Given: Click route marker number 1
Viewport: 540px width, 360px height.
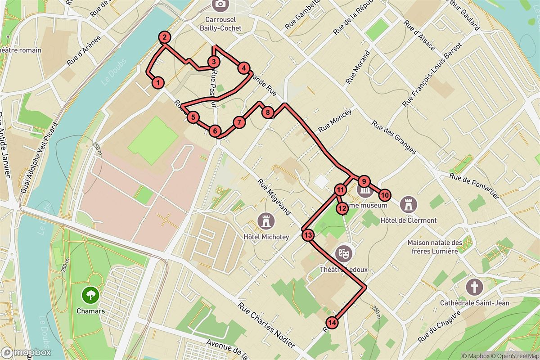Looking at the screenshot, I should click(x=158, y=82).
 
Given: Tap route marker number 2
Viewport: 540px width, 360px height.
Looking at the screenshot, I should click(x=165, y=38).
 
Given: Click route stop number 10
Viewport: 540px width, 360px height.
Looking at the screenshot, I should click(x=384, y=195).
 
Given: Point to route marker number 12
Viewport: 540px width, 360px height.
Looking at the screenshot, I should click(x=342, y=208).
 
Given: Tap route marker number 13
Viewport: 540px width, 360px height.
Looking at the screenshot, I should click(x=308, y=234).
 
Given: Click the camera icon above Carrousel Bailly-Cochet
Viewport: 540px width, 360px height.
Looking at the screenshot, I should click(x=220, y=4).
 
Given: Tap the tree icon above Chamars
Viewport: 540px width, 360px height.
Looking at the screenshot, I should click(x=90, y=295).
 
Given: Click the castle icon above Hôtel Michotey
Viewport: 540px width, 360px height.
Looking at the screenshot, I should click(x=265, y=221).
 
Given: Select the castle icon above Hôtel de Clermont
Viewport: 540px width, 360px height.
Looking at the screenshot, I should click(x=409, y=205).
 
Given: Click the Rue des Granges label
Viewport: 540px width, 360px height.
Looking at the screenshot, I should click(x=394, y=138).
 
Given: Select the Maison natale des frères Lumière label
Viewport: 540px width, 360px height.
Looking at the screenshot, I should click(x=435, y=247).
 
